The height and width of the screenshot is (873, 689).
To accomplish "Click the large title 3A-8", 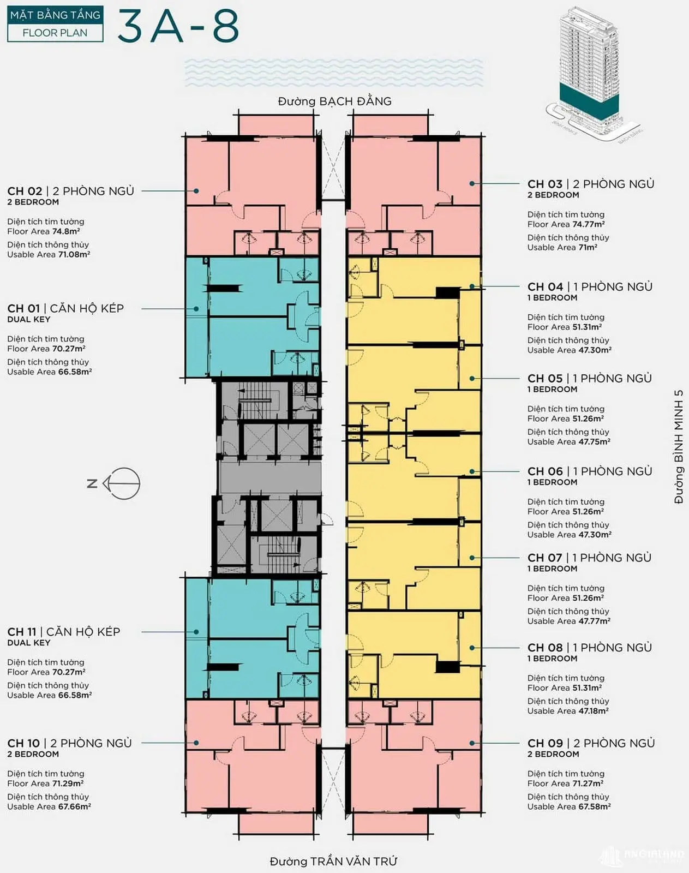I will tap(178, 26).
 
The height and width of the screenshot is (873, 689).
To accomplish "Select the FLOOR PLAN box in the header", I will tap(55, 33).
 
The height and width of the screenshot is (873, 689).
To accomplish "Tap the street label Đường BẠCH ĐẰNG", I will tap(334, 101).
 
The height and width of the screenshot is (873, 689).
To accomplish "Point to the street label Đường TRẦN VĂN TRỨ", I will tap(333, 862).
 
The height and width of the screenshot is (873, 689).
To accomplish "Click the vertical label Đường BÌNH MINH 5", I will tap(679, 447).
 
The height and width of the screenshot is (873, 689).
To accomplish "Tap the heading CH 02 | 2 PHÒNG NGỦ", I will tap(71, 191).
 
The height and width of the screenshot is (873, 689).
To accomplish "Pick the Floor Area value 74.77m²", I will tap(588, 224).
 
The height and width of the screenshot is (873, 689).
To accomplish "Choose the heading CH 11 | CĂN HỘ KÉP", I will tap(64, 632).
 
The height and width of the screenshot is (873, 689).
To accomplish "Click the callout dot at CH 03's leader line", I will tap(472, 184).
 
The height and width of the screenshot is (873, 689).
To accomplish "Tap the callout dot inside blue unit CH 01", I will tap(196, 309).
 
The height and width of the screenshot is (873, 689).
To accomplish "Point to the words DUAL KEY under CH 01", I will tap(29, 319).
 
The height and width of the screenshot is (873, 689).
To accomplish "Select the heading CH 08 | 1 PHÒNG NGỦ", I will tap(590, 648).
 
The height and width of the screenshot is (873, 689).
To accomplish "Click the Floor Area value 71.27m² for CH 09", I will tap(588, 784).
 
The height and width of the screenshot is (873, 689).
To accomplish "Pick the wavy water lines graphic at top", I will tap(334, 73).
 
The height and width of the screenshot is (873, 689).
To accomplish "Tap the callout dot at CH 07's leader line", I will tap(472, 558).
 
